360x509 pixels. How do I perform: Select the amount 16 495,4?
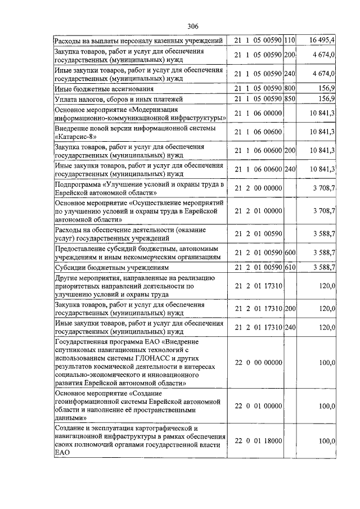click(x=322, y=40)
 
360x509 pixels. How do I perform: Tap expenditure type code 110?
click(x=290, y=40)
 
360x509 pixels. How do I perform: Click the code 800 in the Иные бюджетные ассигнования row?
click(x=290, y=88)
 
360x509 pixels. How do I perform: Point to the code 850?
click(x=290, y=99)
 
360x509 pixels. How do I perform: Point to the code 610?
click(x=290, y=267)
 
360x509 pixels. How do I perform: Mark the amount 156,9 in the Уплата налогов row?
click(x=326, y=99)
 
